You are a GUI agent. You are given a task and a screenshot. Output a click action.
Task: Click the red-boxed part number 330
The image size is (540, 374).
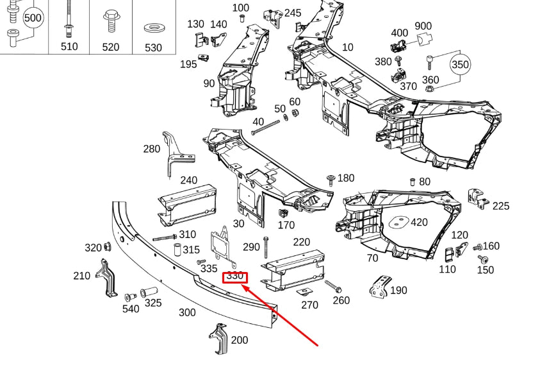coord(234,276)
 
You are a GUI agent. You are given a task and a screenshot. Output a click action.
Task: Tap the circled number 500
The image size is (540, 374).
coord(33,17)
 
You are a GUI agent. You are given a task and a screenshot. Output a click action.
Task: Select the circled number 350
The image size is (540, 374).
coord(460,65)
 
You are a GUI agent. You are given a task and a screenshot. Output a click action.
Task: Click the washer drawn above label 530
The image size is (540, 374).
coord(153,28)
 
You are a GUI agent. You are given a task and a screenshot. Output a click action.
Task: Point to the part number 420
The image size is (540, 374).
coord(419,223)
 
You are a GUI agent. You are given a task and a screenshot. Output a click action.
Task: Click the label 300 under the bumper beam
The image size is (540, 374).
coord(187,312)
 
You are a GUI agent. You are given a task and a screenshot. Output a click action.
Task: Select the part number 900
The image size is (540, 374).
coord(423,26)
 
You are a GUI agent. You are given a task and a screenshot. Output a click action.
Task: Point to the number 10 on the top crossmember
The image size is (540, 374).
coord(347,47)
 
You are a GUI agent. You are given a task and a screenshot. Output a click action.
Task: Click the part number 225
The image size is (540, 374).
coord(501,206)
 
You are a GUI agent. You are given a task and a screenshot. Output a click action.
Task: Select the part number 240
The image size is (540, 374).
coord(189,180)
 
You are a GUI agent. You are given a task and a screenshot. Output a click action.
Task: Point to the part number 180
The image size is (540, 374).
coord(346,178)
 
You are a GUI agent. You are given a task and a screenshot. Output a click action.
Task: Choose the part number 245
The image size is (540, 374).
coord(293,13)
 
